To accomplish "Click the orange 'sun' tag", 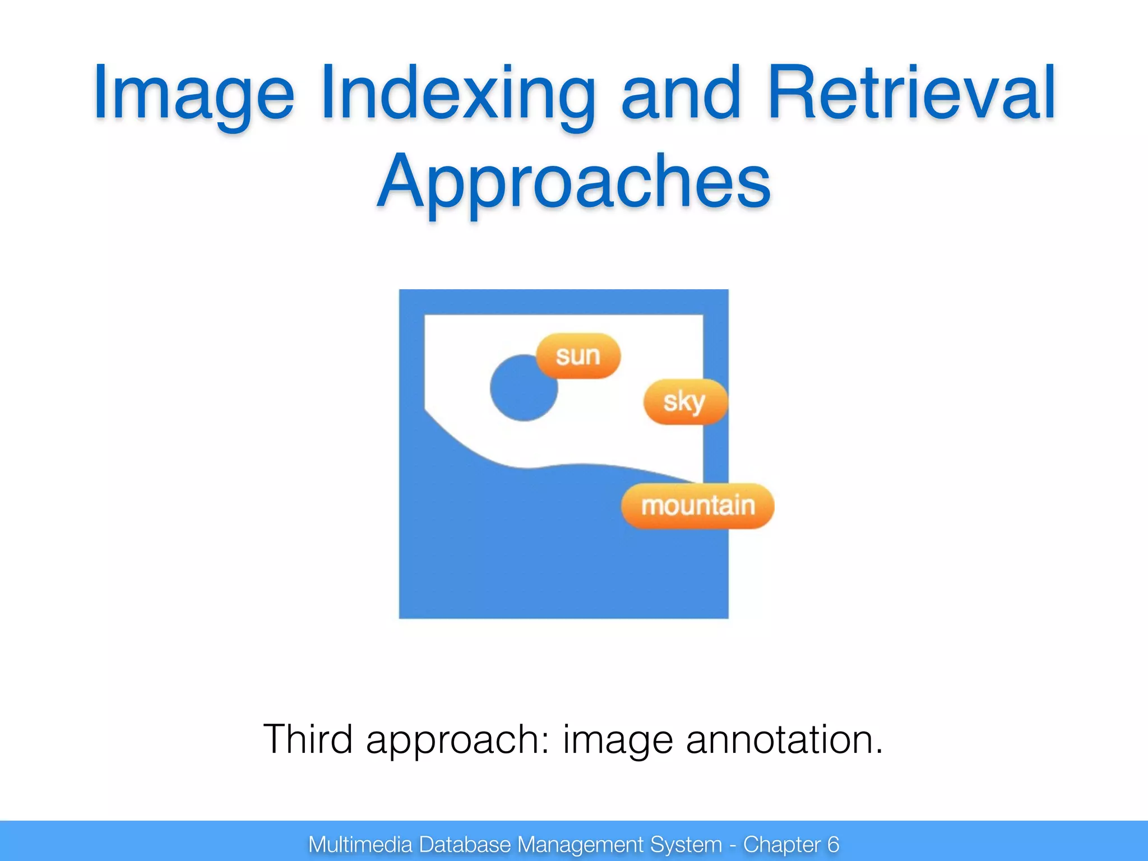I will (578, 356).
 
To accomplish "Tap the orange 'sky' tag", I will (684, 401).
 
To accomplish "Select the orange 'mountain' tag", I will (697, 506).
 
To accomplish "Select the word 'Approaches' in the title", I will (574, 182).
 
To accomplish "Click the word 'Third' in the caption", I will (308, 739).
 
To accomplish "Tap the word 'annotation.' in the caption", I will (784, 739).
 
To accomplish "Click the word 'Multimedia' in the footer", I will (360, 844).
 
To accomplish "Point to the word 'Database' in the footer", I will (465, 844).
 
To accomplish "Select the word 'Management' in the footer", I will (580, 844).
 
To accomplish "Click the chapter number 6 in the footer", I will (833, 844).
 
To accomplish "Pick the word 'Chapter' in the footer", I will (782, 844).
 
